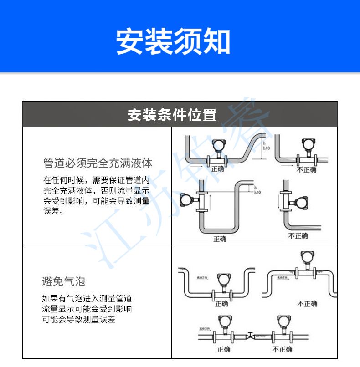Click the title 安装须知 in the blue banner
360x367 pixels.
[x=173, y=42]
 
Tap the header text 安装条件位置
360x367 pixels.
[x=172, y=115]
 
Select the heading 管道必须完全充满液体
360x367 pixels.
[x=98, y=163]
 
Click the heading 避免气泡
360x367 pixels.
[x=63, y=281]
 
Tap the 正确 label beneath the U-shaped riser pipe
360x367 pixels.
[x=219, y=239]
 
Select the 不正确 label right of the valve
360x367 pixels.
[x=282, y=349]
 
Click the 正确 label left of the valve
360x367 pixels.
[x=223, y=349]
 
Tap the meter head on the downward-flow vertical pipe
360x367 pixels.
[x=301, y=202]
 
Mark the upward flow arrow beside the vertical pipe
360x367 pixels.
[x=211, y=200]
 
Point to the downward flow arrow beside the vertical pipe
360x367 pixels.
[x=278, y=203]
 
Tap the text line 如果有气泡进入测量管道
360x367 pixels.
[x=87, y=299]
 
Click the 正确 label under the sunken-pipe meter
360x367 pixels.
[x=221, y=304]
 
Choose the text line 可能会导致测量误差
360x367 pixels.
[x=79, y=319]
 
